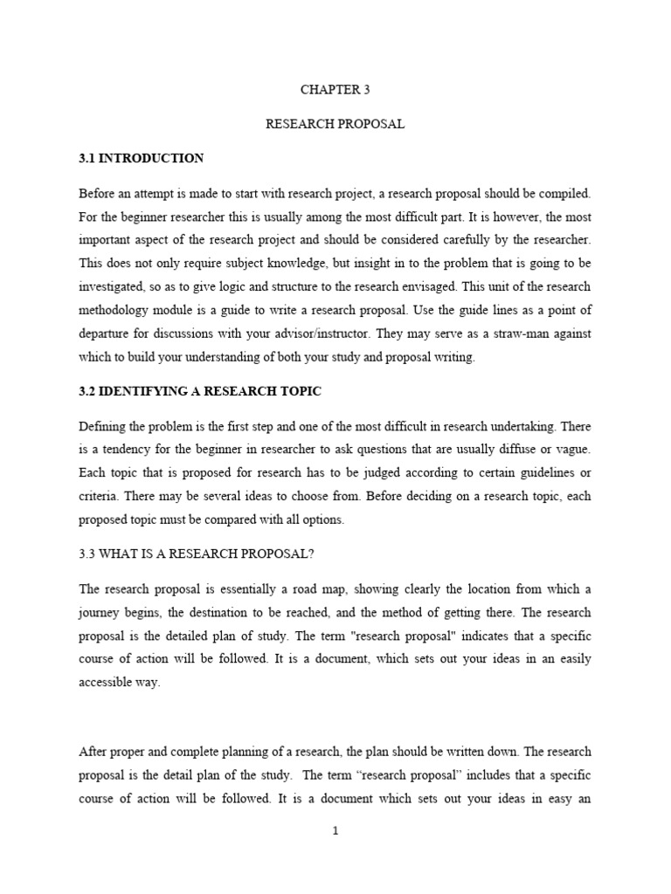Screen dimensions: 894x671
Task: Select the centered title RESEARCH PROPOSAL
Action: [x=335, y=124]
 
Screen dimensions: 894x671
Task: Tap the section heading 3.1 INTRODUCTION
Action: [x=142, y=158]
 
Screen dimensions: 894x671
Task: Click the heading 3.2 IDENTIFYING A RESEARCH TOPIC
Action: [x=200, y=391]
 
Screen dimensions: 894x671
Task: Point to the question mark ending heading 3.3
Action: [x=312, y=554]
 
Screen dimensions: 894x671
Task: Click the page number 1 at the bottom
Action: [x=335, y=830]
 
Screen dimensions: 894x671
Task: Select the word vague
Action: [x=572, y=450]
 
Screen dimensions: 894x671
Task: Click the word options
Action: [x=323, y=519]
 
